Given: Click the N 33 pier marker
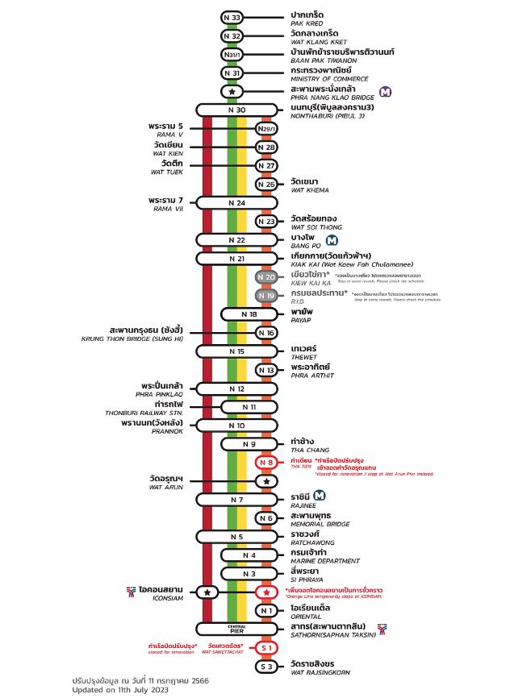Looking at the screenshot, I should click(x=232, y=18).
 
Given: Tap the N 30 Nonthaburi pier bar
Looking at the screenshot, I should click(x=237, y=110).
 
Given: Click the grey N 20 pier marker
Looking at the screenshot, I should click(x=266, y=277).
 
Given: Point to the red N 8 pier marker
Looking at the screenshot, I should click(x=266, y=463).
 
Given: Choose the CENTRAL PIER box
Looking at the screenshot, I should click(x=237, y=629).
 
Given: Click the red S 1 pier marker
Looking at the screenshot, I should click(x=266, y=647).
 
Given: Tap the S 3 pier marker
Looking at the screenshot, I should click(x=266, y=667).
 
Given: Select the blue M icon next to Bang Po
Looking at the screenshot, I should click(x=332, y=239).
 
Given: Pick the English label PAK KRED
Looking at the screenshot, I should click(x=307, y=24).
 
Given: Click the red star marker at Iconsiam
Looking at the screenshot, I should click(x=266, y=592).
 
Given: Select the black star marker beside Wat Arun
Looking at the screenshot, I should click(x=266, y=481).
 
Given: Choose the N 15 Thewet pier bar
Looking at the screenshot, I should click(x=237, y=351).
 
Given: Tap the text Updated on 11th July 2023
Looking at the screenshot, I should click(x=119, y=690).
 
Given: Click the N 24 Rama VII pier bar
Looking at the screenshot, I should click(x=237, y=202).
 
